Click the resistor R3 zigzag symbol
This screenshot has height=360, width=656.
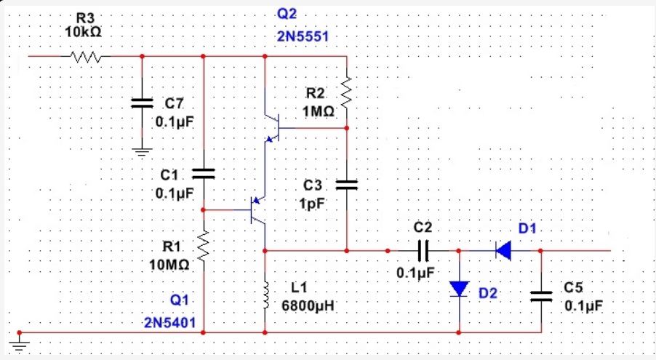click(85, 57)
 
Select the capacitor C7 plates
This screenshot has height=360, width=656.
click(142, 103)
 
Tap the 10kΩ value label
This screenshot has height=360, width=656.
click(83, 32)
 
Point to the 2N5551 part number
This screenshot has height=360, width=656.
click(303, 36)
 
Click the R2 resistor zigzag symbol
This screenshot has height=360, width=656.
click(347, 92)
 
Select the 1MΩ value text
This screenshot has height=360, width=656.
click(319, 112)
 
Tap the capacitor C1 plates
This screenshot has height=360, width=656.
click(204, 174)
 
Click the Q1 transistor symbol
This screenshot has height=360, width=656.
click(258, 210)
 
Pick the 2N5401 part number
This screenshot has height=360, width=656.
click(169, 322)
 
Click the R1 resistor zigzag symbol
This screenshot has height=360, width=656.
click(204, 246)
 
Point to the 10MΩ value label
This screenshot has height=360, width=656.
click(169, 265)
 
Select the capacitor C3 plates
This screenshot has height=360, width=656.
click(347, 185)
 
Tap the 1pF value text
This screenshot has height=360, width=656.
click(312, 204)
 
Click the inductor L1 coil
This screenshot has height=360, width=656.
click(265, 295)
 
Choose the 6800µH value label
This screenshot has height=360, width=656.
click(308, 306)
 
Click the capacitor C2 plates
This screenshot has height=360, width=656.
click(423, 251)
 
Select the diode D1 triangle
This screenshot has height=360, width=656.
click(503, 251)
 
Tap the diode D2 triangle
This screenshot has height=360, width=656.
click(459, 289)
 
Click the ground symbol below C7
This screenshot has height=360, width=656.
click(142, 152)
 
